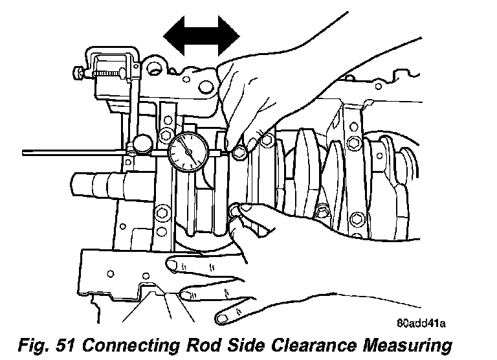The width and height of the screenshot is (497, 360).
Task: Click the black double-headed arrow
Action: (x=201, y=36)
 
